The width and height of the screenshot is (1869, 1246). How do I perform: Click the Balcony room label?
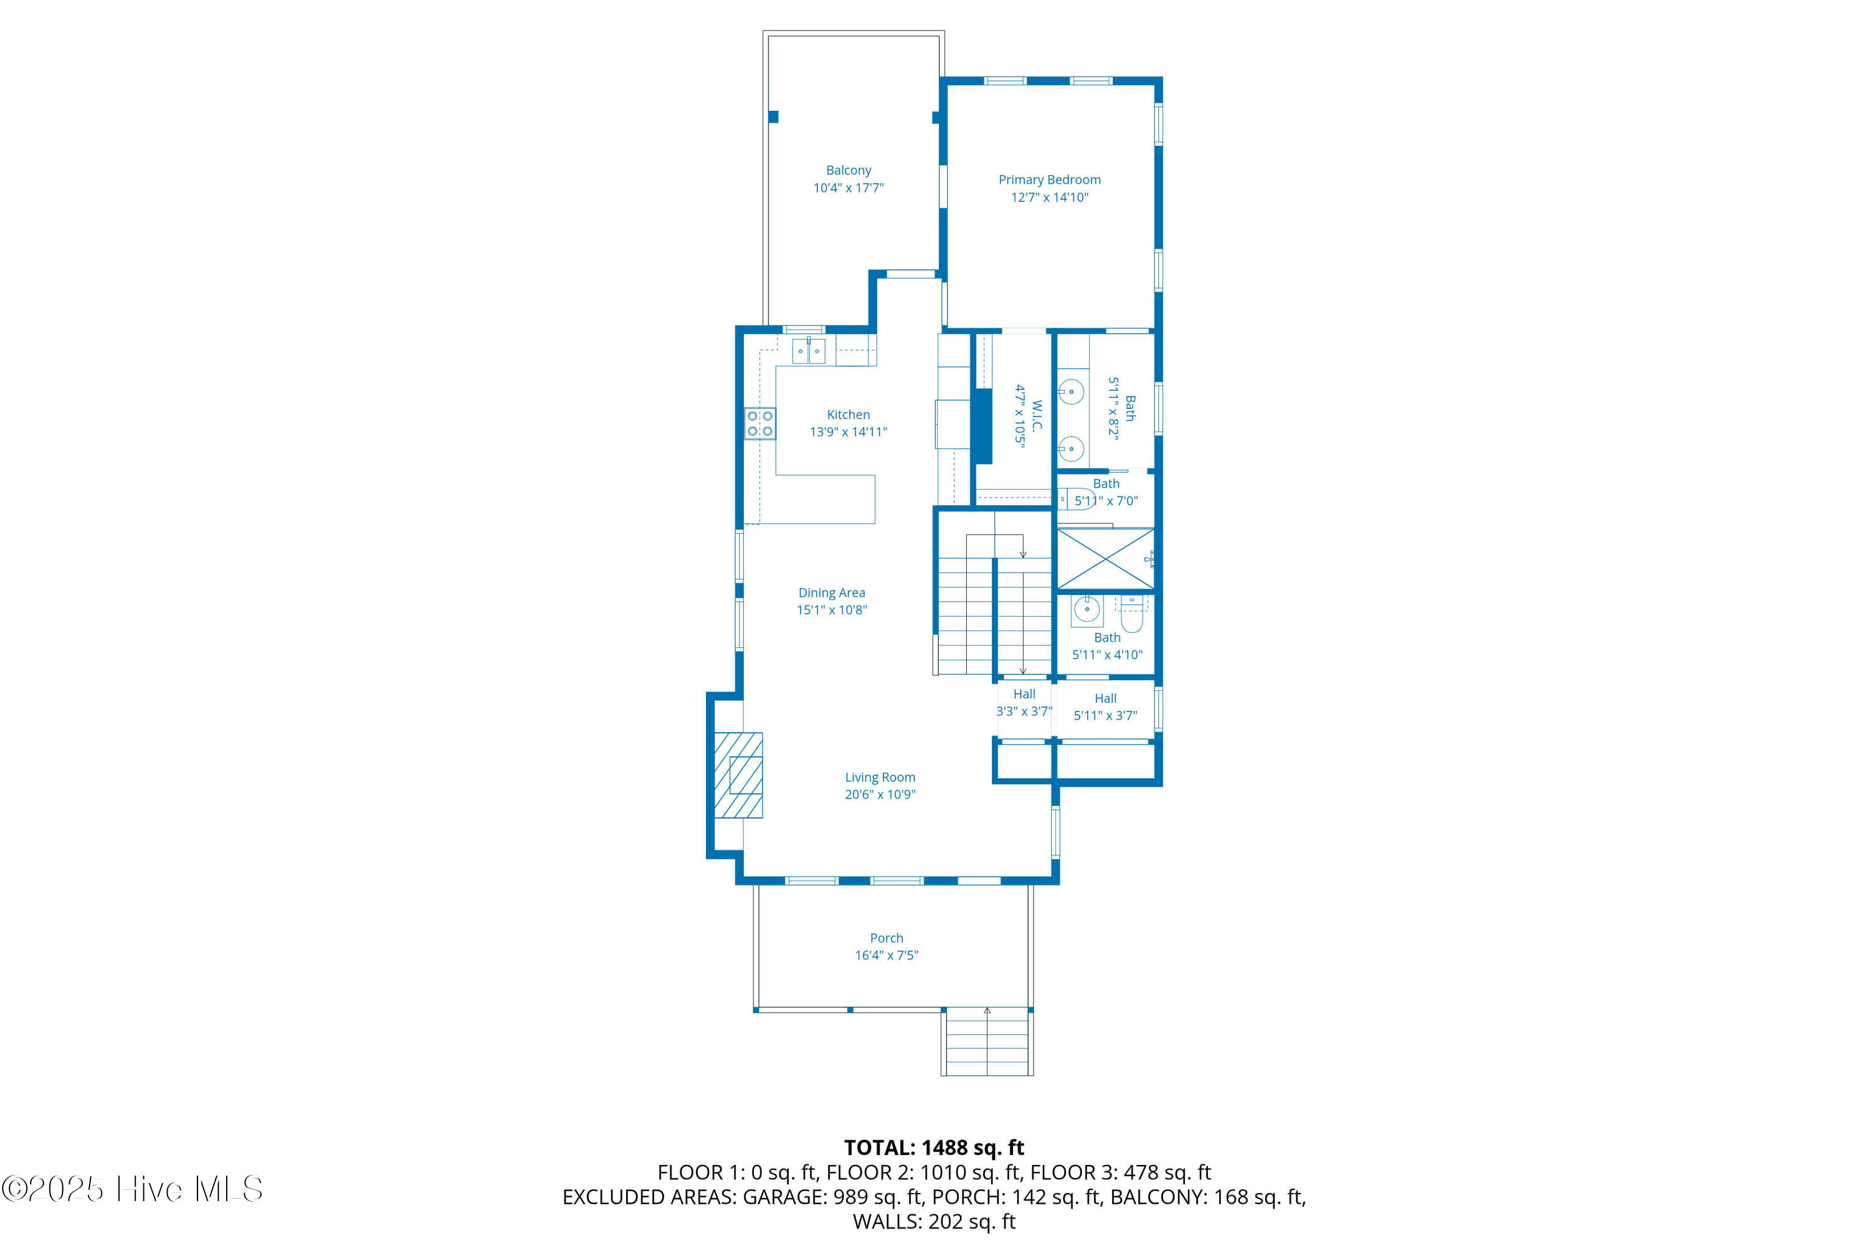pyautogui.click(x=848, y=170)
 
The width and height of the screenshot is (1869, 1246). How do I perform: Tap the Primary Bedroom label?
pyautogui.click(x=1049, y=179)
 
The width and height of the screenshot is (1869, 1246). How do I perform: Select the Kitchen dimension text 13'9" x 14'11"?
pyautogui.click(x=848, y=432)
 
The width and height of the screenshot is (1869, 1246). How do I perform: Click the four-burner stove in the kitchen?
pyautogui.click(x=759, y=424)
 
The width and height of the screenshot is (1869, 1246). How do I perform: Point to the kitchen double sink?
pyautogui.click(x=809, y=350)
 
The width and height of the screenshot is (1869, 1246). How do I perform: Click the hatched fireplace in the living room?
pyautogui.click(x=738, y=775)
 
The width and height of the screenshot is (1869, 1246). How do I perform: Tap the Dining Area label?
pyautogui.click(x=831, y=593)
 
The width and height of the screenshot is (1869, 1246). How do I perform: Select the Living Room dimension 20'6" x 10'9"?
pyautogui.click(x=880, y=795)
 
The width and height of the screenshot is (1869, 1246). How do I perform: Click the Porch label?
pyautogui.click(x=886, y=938)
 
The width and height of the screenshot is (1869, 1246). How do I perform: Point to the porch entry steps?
pyautogui.click(x=987, y=1041)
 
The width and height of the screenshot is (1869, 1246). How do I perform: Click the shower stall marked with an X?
pyautogui.click(x=1105, y=559)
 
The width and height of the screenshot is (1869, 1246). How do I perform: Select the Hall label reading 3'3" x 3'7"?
pyautogui.click(x=1024, y=703)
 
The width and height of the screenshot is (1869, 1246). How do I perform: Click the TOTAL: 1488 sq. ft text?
pyautogui.click(x=934, y=1148)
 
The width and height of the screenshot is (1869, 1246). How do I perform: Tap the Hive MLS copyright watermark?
pyautogui.click(x=132, y=1189)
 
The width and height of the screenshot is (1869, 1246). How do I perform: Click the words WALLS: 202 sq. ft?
pyautogui.click(x=934, y=1221)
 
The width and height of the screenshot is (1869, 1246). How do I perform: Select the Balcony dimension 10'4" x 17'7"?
pyautogui.click(x=848, y=188)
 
